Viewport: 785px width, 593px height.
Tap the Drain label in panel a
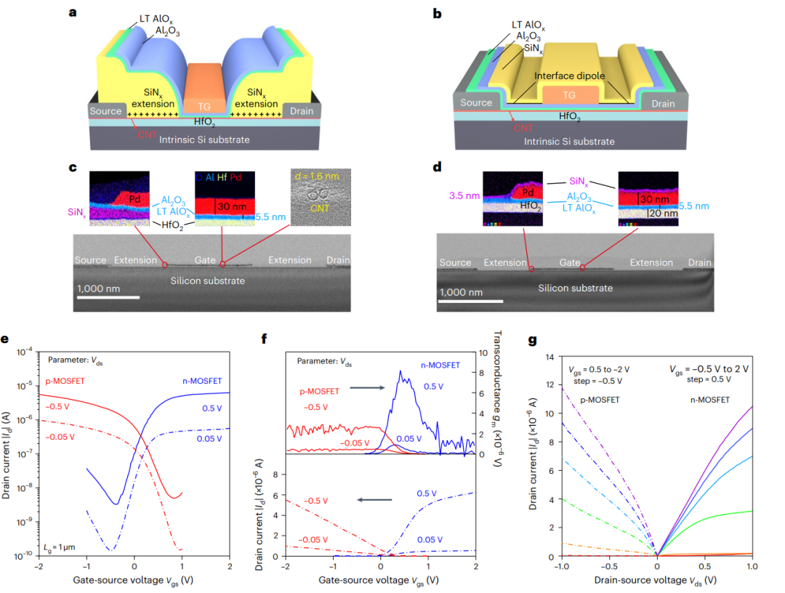click(301, 111)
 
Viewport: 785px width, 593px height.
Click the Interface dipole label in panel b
click(571, 76)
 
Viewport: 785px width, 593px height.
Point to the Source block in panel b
click(477, 103)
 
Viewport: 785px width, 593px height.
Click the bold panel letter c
click(73, 168)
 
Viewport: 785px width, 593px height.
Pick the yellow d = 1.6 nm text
click(319, 177)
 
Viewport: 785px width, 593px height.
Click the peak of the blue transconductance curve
click(400, 372)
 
